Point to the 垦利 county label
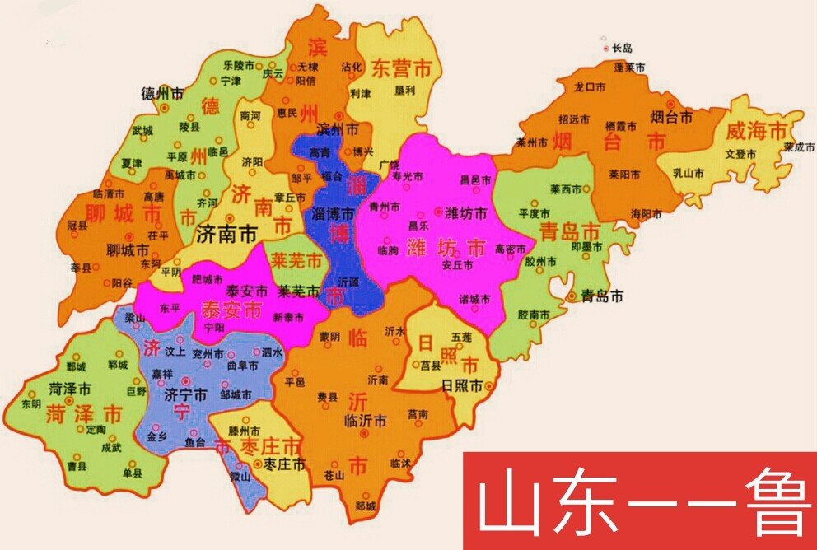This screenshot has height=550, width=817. [382, 92]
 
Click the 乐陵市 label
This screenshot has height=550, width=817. [240, 64]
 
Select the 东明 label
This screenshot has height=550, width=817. [31, 404]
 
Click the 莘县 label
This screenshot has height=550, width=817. [82, 268]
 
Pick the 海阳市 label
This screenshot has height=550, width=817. [646, 213]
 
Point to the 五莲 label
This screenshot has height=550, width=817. [462, 338]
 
